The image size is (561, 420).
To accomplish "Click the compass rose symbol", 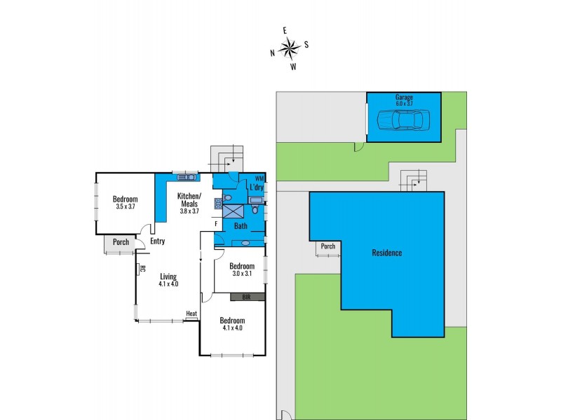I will click(x=289, y=48).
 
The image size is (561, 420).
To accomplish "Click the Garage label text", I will click(x=403, y=97).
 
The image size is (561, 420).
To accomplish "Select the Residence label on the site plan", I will click(x=386, y=253).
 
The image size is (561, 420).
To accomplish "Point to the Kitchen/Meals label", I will click(x=189, y=199).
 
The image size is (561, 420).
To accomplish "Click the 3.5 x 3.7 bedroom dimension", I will click(x=128, y=207).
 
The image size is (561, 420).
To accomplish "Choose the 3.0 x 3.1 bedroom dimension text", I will click(x=242, y=274).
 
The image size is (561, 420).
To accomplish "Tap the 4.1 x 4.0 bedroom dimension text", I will click(x=232, y=327).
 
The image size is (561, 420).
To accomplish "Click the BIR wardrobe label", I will click(x=246, y=297).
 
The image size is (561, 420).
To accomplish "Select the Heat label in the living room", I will click(x=191, y=313).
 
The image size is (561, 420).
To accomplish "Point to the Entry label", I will click(x=157, y=241).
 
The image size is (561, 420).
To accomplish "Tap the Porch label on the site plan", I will click(x=327, y=246).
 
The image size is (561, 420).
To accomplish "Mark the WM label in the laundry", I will click(x=259, y=178).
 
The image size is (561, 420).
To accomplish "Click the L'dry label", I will click(x=257, y=187).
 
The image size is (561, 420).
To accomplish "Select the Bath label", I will click(x=241, y=226).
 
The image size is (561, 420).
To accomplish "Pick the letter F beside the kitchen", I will click(x=217, y=224).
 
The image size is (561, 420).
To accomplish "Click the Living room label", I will click(x=168, y=276).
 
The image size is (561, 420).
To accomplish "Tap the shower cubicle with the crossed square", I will click(x=235, y=209).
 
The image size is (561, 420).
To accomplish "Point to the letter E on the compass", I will click(x=285, y=31).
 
